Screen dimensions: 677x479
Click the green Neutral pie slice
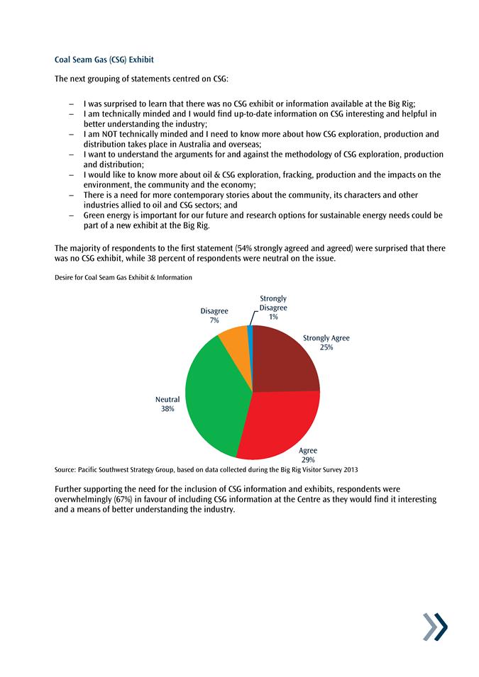point(213,397)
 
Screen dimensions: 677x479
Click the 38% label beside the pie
point(167,409)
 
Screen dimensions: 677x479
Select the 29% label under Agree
point(308,459)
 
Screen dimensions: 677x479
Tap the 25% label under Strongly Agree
point(326,347)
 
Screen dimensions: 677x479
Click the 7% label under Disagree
point(214,320)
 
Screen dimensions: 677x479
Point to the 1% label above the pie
point(273,317)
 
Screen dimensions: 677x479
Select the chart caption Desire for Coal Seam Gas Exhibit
point(123,277)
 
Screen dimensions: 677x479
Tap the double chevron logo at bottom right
point(435,627)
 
